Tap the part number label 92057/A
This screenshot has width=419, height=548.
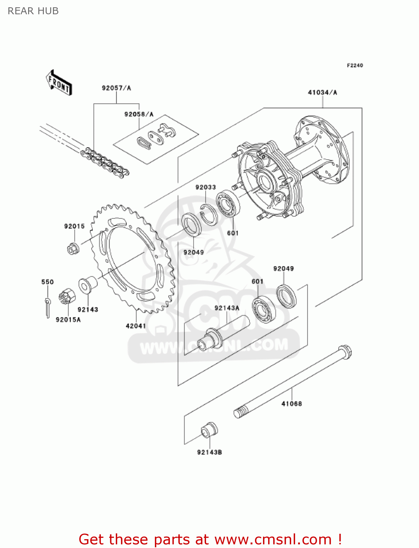116,88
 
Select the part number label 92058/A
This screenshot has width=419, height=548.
139,114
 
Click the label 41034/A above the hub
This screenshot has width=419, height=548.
322,92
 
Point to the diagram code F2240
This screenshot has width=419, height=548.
355,65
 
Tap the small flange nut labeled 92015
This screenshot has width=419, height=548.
73,249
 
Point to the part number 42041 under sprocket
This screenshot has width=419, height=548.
136,326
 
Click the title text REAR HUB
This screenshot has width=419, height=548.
33,11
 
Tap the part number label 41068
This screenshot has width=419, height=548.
292,404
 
